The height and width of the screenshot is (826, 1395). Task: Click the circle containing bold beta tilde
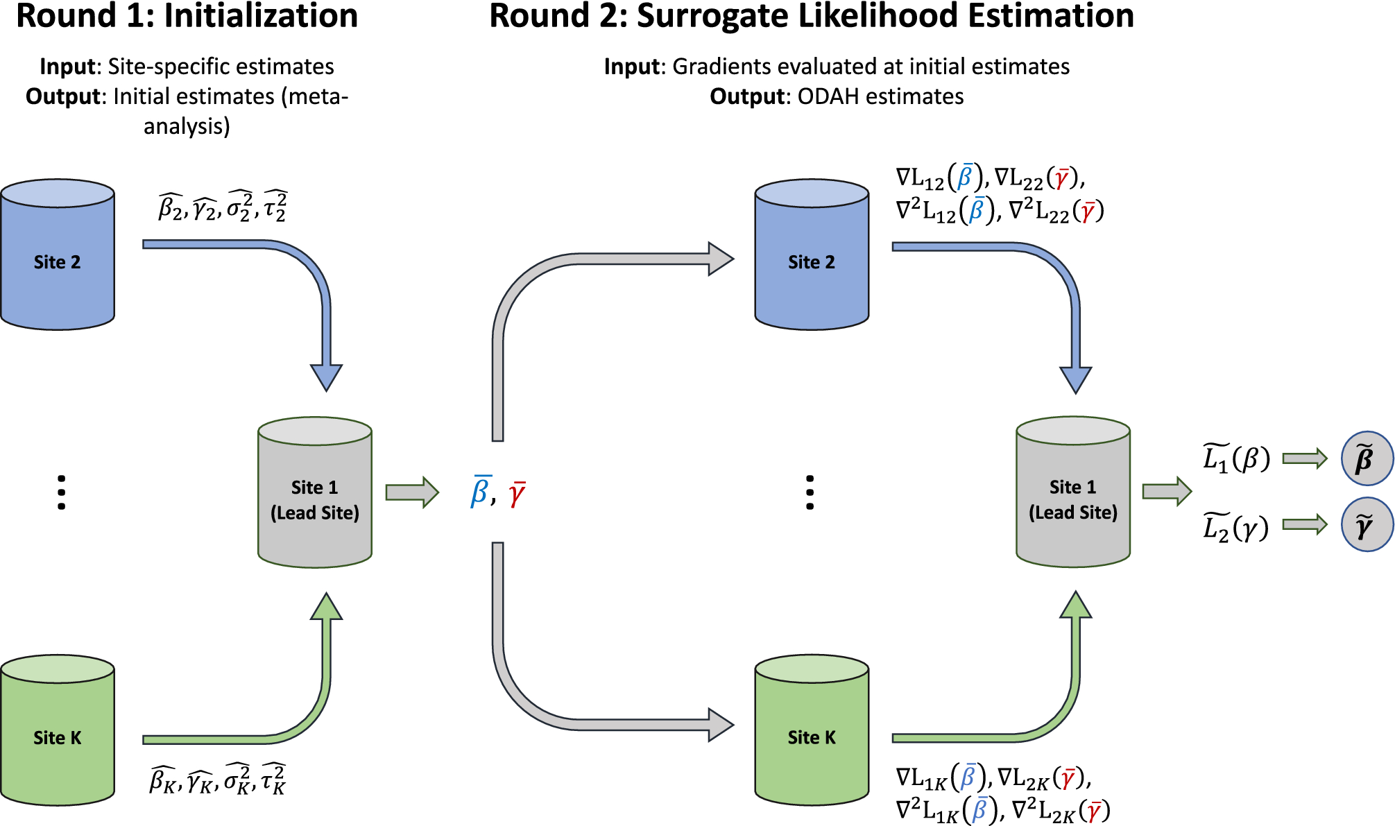click(x=1367, y=458)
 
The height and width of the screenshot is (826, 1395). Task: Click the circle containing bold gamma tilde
click(x=1367, y=525)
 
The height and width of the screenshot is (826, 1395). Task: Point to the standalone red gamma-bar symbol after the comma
click(x=517, y=494)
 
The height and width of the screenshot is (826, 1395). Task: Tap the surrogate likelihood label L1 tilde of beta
click(x=1236, y=458)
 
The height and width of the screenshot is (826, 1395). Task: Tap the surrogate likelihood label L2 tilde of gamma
click(x=1235, y=527)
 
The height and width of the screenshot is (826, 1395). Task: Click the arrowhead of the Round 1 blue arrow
click(x=326, y=377)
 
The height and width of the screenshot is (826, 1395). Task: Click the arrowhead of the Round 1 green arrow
click(x=326, y=606)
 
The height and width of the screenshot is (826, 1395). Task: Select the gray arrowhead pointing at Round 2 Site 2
click(x=721, y=259)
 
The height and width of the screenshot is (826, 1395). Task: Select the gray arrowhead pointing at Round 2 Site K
click(x=721, y=725)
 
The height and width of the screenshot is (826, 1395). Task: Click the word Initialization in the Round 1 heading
click(x=261, y=16)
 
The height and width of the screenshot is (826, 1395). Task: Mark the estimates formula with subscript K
click(x=217, y=780)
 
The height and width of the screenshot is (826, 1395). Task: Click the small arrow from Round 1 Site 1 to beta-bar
click(x=413, y=492)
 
